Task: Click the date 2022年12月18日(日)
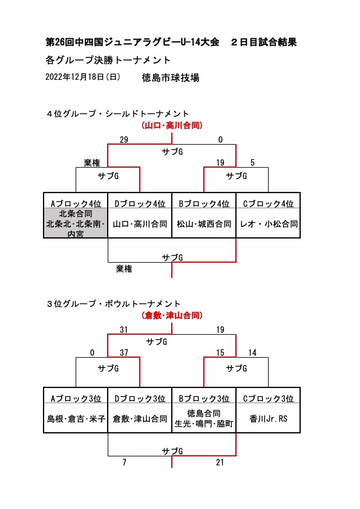click(x=83, y=77)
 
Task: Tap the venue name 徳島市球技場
click(x=171, y=77)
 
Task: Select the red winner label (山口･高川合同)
click(x=172, y=125)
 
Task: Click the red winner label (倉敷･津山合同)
click(x=172, y=315)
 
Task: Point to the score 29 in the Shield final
click(x=124, y=140)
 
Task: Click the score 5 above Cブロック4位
click(x=252, y=162)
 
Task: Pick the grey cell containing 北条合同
click(x=76, y=223)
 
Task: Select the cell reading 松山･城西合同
click(x=204, y=224)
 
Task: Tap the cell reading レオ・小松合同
click(x=269, y=224)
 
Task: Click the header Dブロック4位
click(x=140, y=203)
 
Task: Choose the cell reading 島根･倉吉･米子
click(x=76, y=418)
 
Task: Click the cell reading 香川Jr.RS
click(x=269, y=418)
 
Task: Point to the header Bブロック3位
click(x=204, y=398)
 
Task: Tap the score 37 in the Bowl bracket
click(x=124, y=352)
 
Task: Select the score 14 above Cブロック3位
click(x=252, y=352)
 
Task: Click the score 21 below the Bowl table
click(x=220, y=462)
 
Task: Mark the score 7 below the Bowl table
click(x=124, y=462)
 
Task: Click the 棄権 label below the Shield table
click(x=124, y=269)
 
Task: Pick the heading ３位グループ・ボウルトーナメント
click(x=113, y=304)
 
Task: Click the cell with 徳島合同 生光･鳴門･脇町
click(x=204, y=418)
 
